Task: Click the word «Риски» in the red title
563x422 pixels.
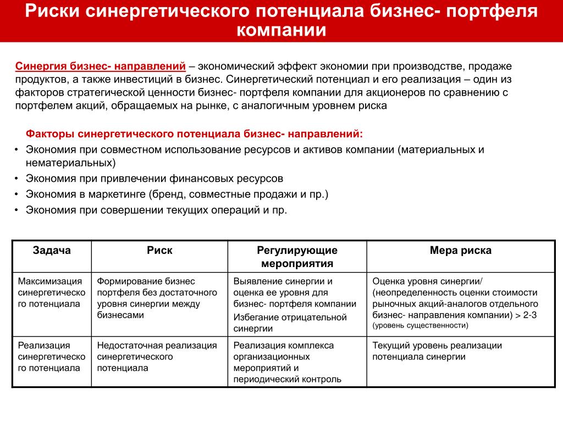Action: click(x=53, y=12)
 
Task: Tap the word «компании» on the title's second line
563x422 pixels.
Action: click(x=281, y=30)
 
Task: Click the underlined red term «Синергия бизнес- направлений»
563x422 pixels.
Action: click(x=100, y=66)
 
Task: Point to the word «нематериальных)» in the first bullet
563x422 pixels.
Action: click(x=70, y=163)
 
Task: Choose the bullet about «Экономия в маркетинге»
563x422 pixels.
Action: click(x=176, y=195)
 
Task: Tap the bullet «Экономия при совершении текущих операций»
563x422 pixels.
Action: click(x=156, y=210)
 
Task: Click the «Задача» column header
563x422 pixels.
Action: click(x=52, y=251)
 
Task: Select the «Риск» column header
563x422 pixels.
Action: click(x=159, y=251)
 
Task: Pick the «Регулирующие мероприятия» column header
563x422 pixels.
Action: click(x=297, y=257)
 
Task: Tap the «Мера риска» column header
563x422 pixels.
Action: click(x=460, y=251)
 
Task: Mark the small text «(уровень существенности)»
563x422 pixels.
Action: click(x=421, y=325)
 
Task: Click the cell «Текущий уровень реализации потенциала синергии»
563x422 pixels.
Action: click(x=437, y=351)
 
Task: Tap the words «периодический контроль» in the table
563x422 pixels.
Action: click(x=287, y=379)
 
